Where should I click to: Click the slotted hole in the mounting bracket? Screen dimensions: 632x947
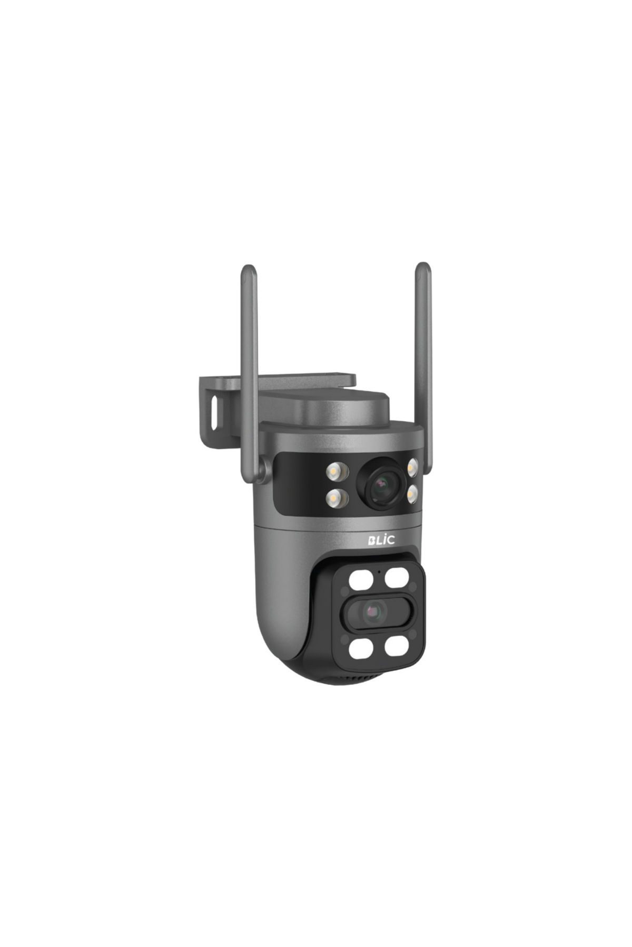tap(214, 411)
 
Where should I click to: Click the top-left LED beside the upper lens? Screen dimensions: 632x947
tap(337, 471)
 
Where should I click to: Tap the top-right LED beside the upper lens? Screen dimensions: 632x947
tap(412, 467)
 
